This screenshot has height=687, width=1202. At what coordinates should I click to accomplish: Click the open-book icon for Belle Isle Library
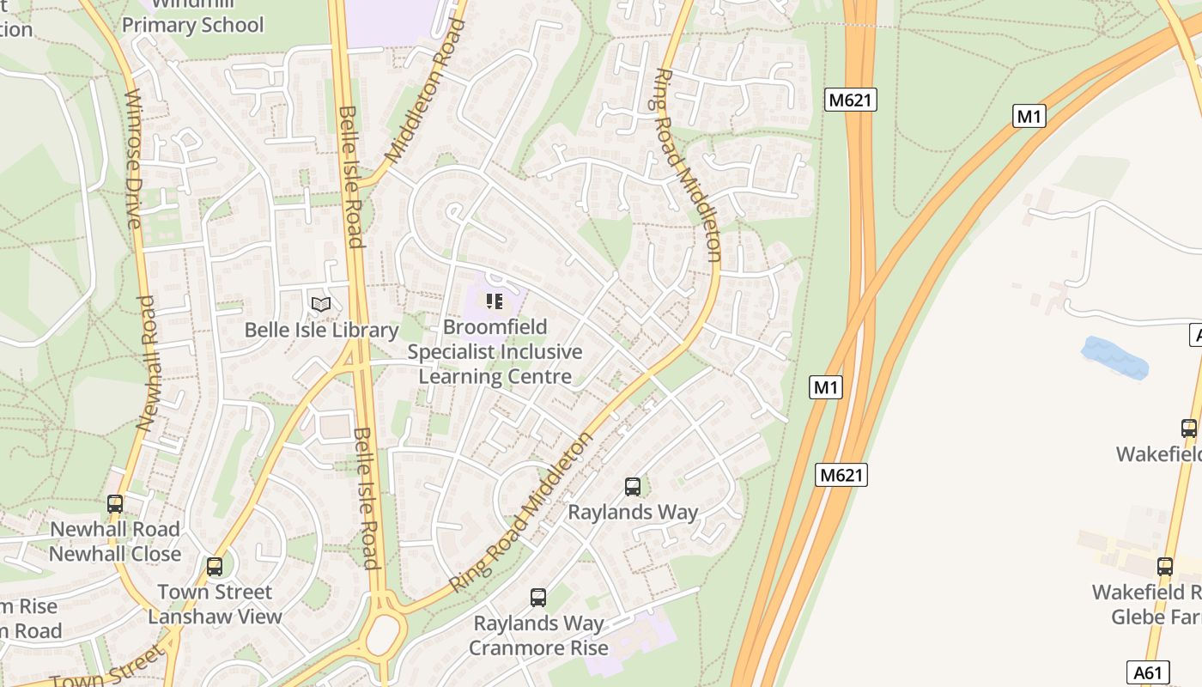(321, 304)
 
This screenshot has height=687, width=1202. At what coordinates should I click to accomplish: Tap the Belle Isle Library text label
(322, 331)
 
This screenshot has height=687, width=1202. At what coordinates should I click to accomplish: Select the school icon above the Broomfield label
(494, 301)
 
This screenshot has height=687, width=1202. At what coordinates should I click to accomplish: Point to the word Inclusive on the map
(542, 352)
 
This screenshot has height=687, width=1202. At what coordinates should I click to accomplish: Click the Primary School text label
(192, 25)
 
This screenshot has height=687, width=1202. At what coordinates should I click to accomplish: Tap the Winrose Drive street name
(132, 159)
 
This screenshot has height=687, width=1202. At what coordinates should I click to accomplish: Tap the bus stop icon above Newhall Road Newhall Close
(115, 504)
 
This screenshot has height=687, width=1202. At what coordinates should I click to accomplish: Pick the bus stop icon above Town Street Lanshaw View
(215, 567)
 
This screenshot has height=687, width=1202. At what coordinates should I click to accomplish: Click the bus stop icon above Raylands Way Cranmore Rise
(538, 598)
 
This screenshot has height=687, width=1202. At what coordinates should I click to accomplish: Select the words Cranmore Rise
(538, 647)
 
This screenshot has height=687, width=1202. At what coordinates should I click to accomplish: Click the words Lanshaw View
(215, 617)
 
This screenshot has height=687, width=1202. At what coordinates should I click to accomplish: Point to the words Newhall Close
(115, 554)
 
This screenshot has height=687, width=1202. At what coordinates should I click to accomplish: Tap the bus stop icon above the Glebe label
(1164, 567)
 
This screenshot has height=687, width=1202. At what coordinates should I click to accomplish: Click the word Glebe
(1138, 617)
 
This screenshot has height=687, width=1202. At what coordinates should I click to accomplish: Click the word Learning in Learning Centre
(455, 376)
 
